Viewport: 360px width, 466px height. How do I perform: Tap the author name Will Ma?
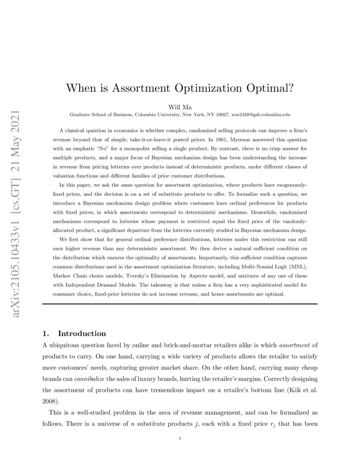(180, 107)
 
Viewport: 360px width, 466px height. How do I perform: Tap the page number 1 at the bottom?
(180, 438)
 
